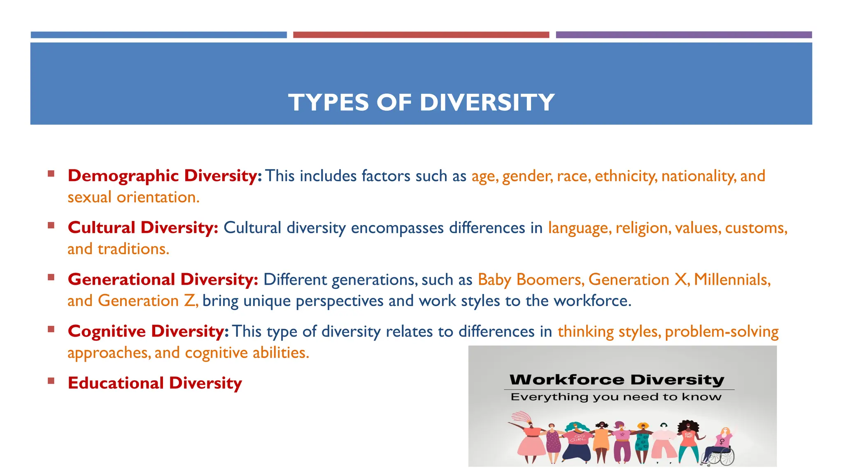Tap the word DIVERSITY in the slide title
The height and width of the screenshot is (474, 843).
pos(487,102)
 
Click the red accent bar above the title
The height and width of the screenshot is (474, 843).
pos(421,35)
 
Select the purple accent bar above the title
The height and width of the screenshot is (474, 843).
pos(683,35)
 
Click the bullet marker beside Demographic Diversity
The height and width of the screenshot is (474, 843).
pos(51,174)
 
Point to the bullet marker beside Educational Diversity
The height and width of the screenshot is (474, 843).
pos(51,381)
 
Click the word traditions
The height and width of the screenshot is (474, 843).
pos(133,249)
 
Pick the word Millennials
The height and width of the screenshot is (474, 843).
pos(732,280)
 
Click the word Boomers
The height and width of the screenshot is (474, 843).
pos(550,280)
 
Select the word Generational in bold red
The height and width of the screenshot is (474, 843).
pos(121,280)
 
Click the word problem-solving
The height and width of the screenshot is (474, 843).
pos(722,332)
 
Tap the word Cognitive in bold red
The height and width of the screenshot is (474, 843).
pos(107,332)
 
